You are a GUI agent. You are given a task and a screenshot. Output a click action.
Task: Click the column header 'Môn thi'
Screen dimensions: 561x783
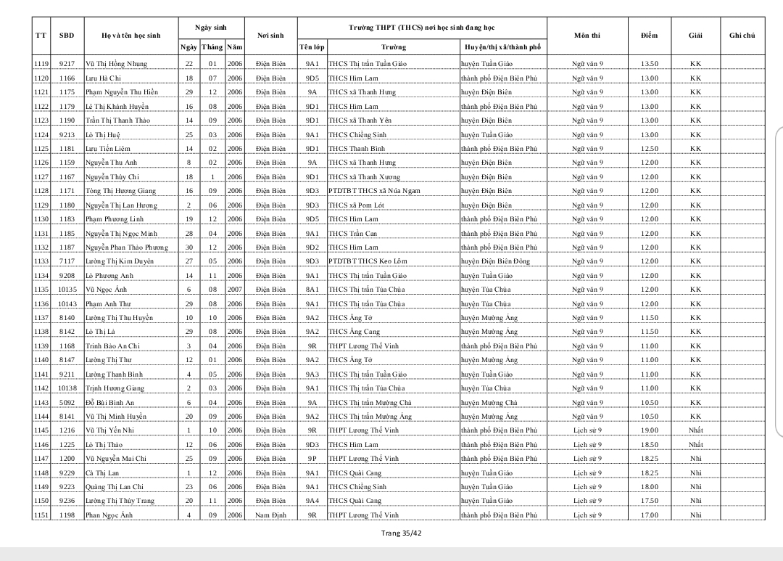(x=587, y=36)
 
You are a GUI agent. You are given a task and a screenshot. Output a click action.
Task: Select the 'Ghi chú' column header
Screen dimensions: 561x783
(x=742, y=36)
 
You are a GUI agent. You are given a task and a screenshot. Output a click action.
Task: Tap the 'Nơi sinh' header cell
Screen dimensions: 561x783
(x=270, y=36)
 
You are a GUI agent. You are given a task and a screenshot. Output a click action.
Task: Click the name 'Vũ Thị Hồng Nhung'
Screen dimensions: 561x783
(x=116, y=64)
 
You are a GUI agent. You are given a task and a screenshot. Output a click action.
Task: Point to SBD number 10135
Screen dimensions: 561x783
(x=67, y=290)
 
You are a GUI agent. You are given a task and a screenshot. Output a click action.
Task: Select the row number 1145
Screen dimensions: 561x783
(x=41, y=430)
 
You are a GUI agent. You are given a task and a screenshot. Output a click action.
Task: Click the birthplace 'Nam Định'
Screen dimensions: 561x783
(x=270, y=515)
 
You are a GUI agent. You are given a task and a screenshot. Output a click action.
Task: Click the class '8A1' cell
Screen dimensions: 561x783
(x=312, y=290)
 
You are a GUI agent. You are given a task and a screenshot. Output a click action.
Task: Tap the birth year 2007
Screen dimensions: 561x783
(x=234, y=290)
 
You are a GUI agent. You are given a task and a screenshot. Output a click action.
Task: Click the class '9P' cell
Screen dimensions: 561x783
(x=312, y=459)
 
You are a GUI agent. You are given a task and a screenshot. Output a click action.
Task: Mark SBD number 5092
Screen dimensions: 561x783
(x=67, y=403)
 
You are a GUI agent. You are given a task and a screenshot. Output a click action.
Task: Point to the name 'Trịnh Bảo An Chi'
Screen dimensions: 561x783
(x=112, y=346)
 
